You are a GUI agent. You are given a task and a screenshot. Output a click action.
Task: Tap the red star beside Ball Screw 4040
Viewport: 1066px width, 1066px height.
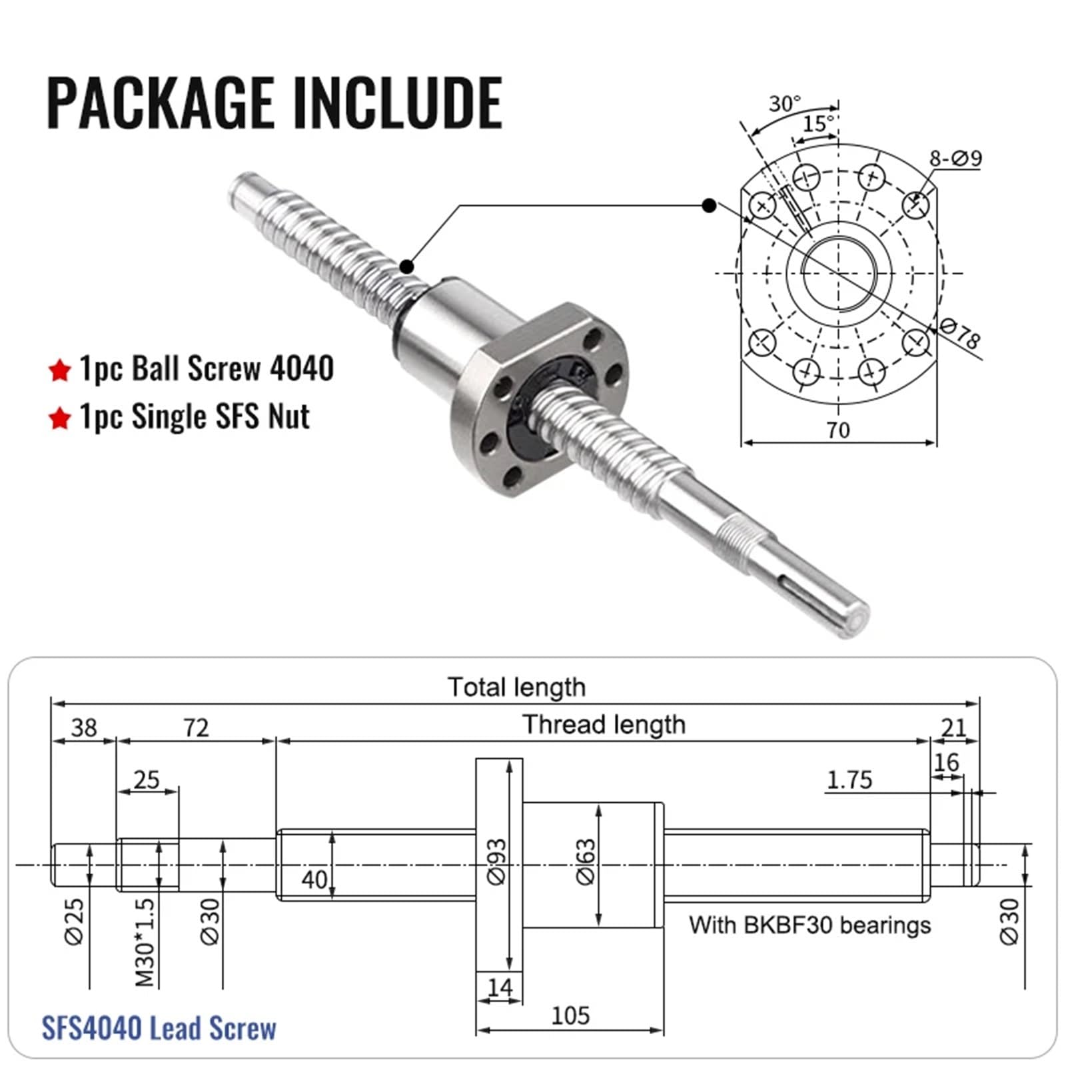60,370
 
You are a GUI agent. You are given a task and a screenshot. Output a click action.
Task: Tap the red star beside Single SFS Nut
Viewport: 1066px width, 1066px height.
60,418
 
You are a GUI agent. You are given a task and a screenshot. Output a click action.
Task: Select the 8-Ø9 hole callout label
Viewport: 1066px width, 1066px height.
955,159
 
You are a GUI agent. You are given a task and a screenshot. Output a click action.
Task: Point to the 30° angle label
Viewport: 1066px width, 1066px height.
784,104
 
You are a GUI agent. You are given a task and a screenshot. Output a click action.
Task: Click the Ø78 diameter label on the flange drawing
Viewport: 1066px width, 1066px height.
960,333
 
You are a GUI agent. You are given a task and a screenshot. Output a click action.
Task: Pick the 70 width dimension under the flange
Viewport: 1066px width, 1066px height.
838,430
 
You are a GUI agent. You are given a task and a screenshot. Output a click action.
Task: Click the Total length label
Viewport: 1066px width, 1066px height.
516,687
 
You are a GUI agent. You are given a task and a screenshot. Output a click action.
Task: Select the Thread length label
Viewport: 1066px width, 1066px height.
604,724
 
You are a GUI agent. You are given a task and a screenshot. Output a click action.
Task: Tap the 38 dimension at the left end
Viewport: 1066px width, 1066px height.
84,728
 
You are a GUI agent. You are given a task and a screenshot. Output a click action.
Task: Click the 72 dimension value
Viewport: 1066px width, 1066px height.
196,728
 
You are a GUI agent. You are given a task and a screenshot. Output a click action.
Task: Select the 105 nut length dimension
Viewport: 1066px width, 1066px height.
570,1015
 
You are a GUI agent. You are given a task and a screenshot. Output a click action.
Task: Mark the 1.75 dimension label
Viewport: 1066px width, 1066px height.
849,780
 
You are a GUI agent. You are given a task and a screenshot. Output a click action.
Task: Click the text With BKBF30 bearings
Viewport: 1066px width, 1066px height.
809,925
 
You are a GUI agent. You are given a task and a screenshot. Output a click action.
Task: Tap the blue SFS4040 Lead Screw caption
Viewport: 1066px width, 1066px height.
159,1028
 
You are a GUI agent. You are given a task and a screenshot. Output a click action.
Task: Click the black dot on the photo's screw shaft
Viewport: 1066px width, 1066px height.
406,266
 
